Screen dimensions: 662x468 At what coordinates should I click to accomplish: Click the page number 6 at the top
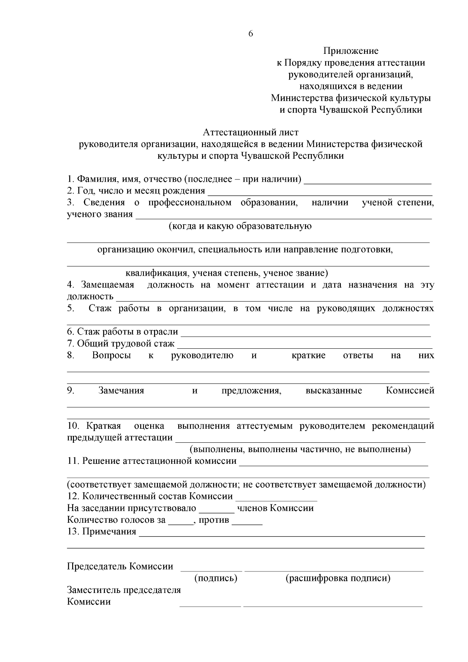[x=250, y=34]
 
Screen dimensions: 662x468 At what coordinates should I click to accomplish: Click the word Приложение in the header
[x=351, y=51]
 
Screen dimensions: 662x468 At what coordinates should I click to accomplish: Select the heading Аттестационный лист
[x=250, y=133]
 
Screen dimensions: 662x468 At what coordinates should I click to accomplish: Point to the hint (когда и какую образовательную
[x=240, y=226]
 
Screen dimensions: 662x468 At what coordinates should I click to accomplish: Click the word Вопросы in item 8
[x=111, y=355]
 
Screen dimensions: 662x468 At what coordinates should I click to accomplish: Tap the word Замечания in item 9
[x=121, y=391]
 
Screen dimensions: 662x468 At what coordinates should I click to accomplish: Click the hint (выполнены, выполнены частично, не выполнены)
[x=300, y=449]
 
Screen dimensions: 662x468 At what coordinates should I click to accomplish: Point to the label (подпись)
[x=216, y=578]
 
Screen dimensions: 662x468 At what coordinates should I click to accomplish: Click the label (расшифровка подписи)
[x=338, y=578]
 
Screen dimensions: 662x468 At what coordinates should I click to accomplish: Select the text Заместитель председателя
[x=124, y=590]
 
